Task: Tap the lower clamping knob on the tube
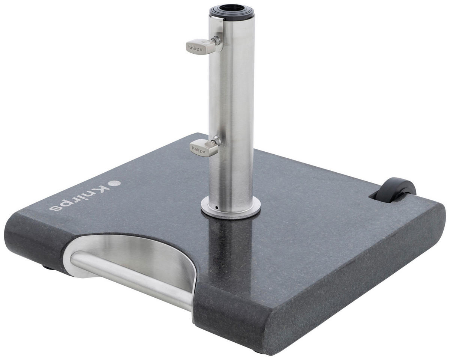[203, 147]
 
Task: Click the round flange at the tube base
[231, 207]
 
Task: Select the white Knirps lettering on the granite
[81, 196]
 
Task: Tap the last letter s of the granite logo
[55, 206]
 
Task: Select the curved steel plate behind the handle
[150, 255]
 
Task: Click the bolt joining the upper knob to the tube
[216, 41]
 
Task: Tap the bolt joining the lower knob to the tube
[215, 141]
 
